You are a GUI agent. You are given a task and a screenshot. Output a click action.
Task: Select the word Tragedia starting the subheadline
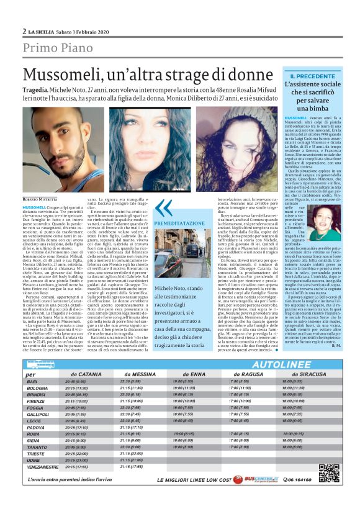pos(37,91)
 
